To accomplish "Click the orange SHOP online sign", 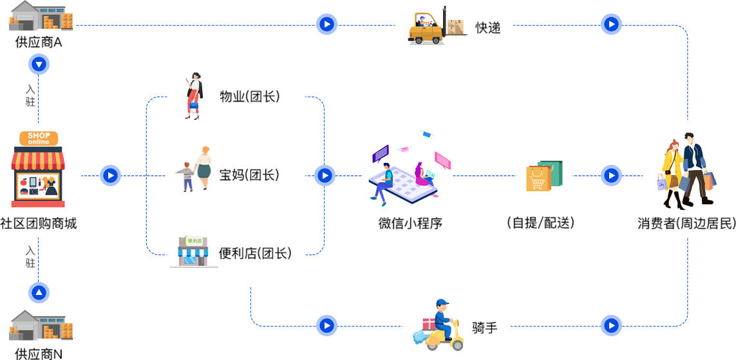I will [39, 138].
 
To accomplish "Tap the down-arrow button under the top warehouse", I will [39, 64].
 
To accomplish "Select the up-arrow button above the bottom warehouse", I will [39, 293].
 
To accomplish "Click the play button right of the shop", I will [110, 175].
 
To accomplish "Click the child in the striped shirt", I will [187, 176].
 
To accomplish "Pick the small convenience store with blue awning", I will [193, 251].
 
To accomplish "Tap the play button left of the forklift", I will [326, 24].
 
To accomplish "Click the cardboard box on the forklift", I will [455, 26].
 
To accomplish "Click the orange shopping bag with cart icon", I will [538, 179].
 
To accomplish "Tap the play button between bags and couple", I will [611, 175].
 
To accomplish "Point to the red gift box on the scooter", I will [429, 323].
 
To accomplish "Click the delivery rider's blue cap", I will [442, 303].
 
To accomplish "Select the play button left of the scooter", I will [326, 325].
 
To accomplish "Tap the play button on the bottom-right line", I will [611, 325].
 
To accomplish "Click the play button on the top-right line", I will [611, 24].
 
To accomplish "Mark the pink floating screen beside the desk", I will [442, 160].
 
